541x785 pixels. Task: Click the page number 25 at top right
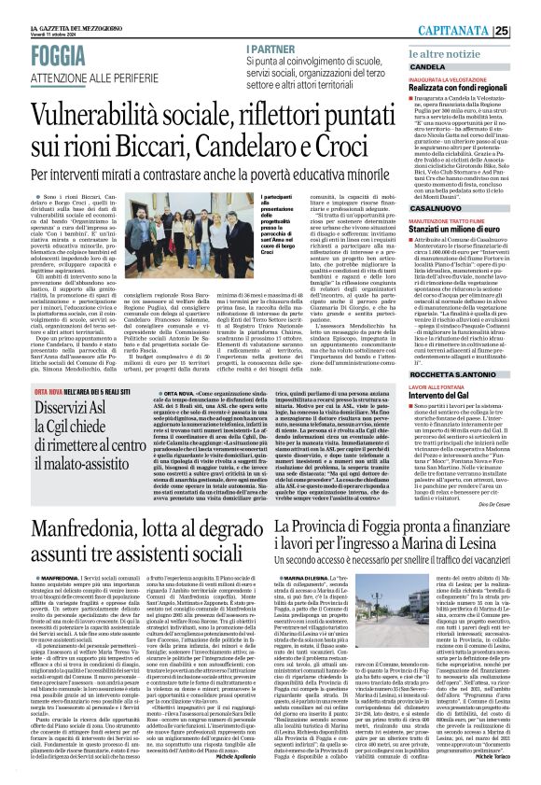point(527,30)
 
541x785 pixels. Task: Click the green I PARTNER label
point(271,49)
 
